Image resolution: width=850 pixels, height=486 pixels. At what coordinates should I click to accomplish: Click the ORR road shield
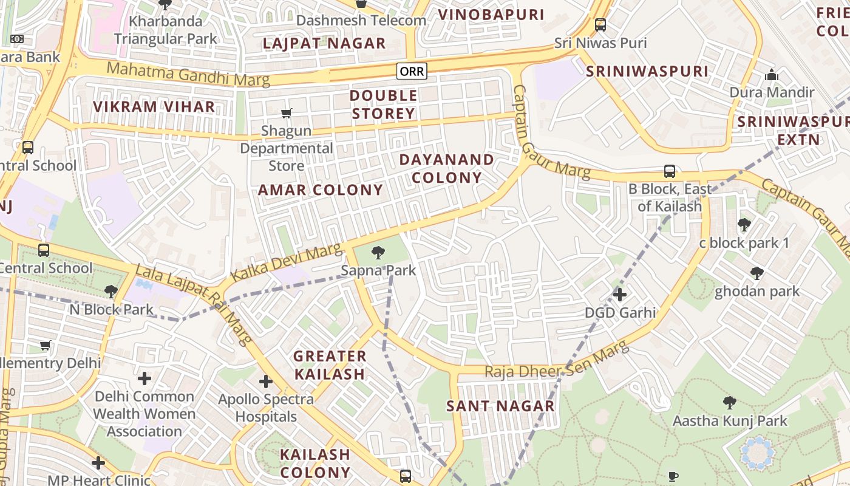click(412, 72)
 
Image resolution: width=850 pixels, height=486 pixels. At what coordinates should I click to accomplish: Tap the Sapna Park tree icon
click(378, 252)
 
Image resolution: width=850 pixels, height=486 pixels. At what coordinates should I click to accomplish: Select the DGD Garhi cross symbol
click(619, 295)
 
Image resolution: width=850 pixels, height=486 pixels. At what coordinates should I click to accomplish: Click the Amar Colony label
click(321, 190)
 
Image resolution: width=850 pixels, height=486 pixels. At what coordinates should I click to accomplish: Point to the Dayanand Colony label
click(446, 169)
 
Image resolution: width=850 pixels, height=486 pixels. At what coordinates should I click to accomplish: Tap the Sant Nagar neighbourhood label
click(501, 406)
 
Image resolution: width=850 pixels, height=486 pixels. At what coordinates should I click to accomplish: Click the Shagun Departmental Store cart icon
click(286, 113)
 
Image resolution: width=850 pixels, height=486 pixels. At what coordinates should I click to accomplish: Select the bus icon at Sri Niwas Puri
click(600, 25)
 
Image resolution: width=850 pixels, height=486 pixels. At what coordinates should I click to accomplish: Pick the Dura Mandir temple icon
click(772, 75)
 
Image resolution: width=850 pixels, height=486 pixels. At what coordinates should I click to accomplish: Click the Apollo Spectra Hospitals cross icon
click(265, 382)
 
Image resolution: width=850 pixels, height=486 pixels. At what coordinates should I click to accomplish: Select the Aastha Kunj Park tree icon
click(730, 402)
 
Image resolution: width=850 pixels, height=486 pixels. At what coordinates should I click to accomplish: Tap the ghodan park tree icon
click(756, 273)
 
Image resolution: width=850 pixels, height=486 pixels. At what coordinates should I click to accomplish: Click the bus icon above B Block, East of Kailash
click(669, 171)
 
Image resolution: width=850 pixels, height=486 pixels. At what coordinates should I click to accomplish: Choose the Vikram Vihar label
click(154, 107)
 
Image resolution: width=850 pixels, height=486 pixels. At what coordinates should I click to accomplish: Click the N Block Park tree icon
click(110, 292)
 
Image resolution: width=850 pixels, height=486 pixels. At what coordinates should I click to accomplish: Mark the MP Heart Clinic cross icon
click(98, 463)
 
